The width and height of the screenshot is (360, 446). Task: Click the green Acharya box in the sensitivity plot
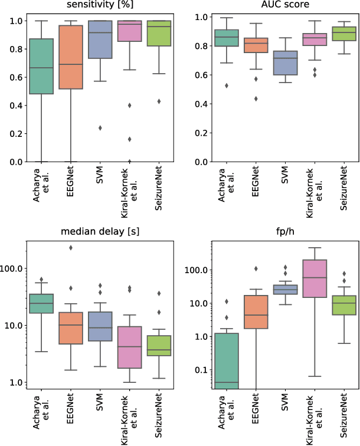coord(41,66)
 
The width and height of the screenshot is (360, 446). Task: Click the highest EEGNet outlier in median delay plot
coord(70,248)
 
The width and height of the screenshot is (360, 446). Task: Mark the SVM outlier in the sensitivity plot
coord(99,128)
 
